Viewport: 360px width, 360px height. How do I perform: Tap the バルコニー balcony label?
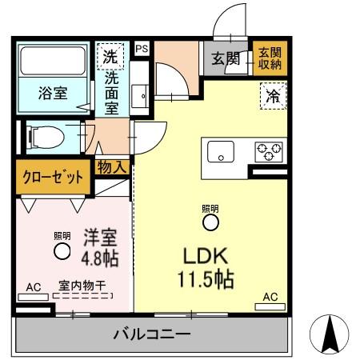pos(150,332)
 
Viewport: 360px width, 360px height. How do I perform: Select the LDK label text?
pos(207,258)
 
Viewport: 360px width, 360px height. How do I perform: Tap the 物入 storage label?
pos(113,166)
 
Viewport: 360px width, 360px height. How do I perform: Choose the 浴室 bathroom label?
pos(53,92)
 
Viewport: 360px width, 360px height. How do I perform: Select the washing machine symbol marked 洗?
pos(112,57)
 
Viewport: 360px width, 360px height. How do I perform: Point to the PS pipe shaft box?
pos(142,49)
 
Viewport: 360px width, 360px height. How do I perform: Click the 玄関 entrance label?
pos(226,58)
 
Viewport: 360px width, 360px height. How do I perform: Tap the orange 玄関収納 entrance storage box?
pos(268,58)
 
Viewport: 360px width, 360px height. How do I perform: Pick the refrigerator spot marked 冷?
pos(272,96)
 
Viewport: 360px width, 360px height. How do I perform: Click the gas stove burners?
pos(268,150)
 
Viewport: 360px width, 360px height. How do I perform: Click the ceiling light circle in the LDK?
pos(210,222)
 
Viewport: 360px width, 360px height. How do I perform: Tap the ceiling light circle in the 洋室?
pos(62,251)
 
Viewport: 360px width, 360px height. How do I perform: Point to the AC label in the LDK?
pos(270,298)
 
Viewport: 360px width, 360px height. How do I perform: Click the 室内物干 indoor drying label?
pos(82,285)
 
